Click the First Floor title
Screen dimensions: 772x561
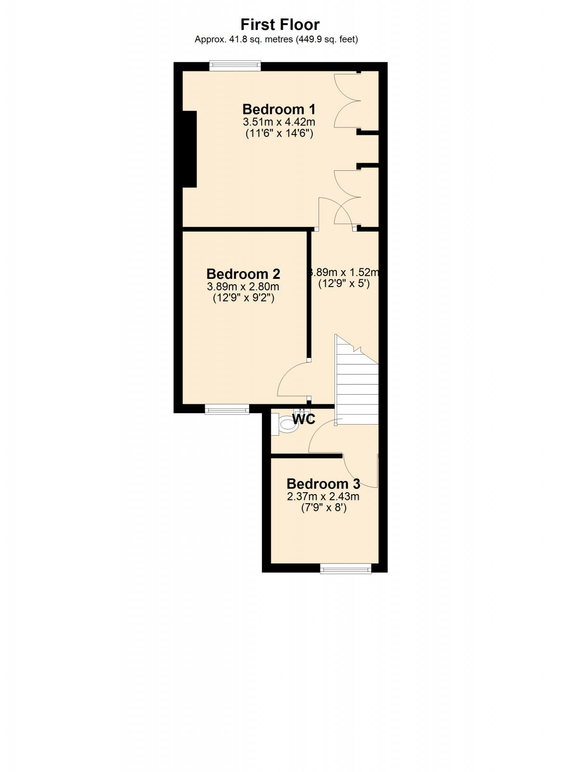280,25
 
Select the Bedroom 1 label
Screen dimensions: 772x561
279,109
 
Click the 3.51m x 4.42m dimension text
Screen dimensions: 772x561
279,122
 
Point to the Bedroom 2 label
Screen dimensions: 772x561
243,274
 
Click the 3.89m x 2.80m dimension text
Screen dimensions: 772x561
243,287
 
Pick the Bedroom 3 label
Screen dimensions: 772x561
323,483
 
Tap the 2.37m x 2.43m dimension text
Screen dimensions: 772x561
323,496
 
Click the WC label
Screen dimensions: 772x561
304,419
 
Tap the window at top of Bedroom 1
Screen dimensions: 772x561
235,66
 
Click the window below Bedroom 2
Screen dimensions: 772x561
227,410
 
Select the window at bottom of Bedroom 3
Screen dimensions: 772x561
346,568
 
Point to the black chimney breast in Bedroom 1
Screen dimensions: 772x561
189,149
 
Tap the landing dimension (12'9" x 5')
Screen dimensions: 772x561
344,284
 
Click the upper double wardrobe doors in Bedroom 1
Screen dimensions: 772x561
347,100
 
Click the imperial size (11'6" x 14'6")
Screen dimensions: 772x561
279,133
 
